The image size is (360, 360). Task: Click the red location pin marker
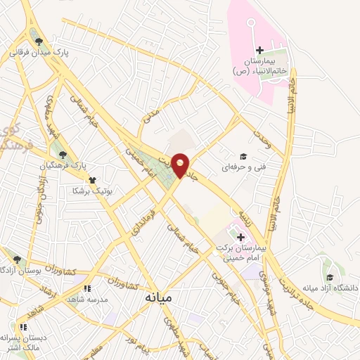point(181,164)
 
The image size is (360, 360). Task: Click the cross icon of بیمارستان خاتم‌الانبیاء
point(259,49)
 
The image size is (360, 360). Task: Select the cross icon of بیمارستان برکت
point(240,238)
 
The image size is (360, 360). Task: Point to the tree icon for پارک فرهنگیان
point(63,154)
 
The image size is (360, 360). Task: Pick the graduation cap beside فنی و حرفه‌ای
point(243,156)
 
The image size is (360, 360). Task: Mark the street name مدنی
point(153,116)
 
